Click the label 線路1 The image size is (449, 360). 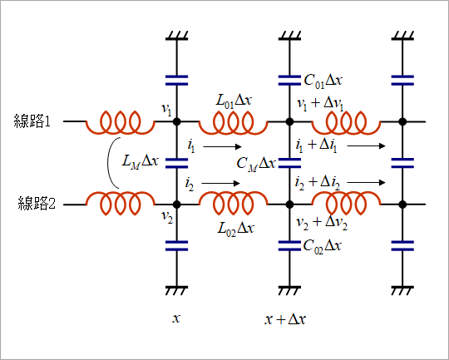[x=32, y=121]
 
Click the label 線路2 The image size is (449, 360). [x=37, y=204]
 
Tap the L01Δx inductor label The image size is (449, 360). [x=234, y=101]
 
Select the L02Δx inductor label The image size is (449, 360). [x=235, y=229]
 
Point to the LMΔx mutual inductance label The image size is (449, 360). [x=140, y=162]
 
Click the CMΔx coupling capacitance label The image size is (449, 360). [x=256, y=165]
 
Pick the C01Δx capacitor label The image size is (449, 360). [x=323, y=81]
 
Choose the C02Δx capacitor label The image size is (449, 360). [x=322, y=247]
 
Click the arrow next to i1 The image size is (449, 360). [x=223, y=146]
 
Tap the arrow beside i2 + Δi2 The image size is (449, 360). [x=366, y=182]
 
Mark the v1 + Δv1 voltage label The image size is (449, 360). [x=320, y=104]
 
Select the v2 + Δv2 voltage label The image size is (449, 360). [x=322, y=224]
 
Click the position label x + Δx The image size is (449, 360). [x=285, y=318]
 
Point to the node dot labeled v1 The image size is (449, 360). [x=176, y=121]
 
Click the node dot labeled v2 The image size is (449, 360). [x=176, y=205]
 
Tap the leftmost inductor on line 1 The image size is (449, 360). [x=121, y=122]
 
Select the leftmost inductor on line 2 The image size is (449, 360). [x=121, y=203]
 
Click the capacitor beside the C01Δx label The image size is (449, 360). [x=289, y=81]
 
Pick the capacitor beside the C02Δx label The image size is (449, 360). [x=289, y=246]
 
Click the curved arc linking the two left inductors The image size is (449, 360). [x=108, y=163]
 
